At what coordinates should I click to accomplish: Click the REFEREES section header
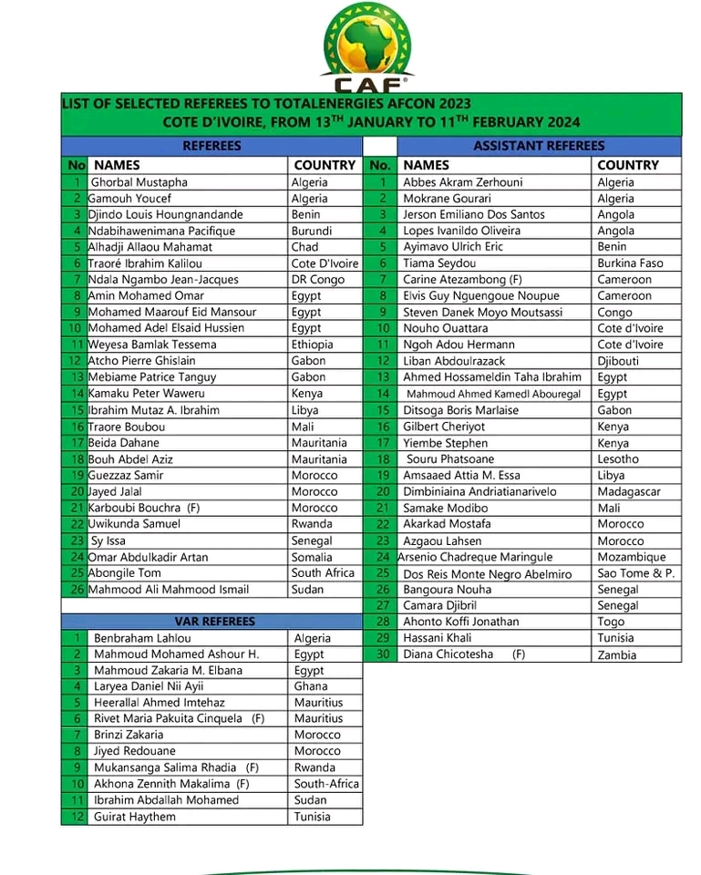click(x=211, y=146)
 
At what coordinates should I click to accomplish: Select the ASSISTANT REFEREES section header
click(x=539, y=146)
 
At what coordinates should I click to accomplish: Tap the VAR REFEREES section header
click(x=212, y=622)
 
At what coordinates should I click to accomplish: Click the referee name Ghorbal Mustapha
click(x=139, y=182)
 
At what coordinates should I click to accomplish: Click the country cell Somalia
click(x=314, y=557)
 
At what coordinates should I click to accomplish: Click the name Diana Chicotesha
click(x=448, y=654)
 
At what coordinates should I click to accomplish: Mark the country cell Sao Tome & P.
click(x=635, y=573)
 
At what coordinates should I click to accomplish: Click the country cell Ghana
click(x=311, y=686)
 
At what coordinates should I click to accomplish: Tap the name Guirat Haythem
click(x=135, y=817)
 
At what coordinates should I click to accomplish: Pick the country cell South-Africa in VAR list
click(x=326, y=784)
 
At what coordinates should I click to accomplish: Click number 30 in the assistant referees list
click(x=383, y=654)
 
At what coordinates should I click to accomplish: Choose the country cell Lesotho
click(x=618, y=459)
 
